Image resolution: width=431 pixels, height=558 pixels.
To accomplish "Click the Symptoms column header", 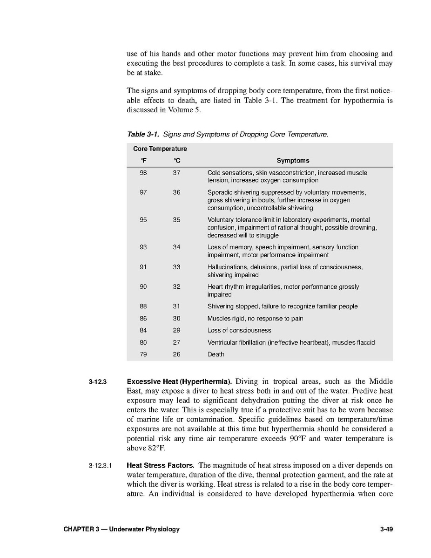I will click(293, 161).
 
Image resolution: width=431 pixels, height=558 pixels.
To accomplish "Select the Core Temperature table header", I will click(160, 149).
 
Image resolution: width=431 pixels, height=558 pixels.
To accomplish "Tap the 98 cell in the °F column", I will click(143, 173).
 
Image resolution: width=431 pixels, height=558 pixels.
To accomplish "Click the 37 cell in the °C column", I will click(176, 173).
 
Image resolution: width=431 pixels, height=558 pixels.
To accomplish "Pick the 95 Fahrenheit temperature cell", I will click(143, 220).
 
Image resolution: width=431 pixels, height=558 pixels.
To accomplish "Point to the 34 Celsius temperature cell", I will click(176, 247).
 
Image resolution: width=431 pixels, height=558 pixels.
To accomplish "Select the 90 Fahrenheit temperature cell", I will click(143, 287).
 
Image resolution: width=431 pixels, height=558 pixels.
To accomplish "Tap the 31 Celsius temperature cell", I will click(176, 306).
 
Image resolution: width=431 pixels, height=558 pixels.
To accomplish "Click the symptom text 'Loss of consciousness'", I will click(239, 330).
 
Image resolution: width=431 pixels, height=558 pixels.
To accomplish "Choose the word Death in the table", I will click(215, 354).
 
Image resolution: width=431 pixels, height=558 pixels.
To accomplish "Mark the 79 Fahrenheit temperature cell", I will click(143, 354).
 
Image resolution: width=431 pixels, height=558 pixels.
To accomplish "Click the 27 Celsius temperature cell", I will click(176, 342).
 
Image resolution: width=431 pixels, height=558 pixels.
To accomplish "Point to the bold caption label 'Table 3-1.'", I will click(143, 135).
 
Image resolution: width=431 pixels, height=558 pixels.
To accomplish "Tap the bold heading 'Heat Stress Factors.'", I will click(161, 465).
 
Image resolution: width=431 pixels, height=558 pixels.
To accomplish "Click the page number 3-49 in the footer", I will click(386, 530).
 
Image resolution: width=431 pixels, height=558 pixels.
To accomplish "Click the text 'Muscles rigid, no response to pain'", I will click(255, 319).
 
